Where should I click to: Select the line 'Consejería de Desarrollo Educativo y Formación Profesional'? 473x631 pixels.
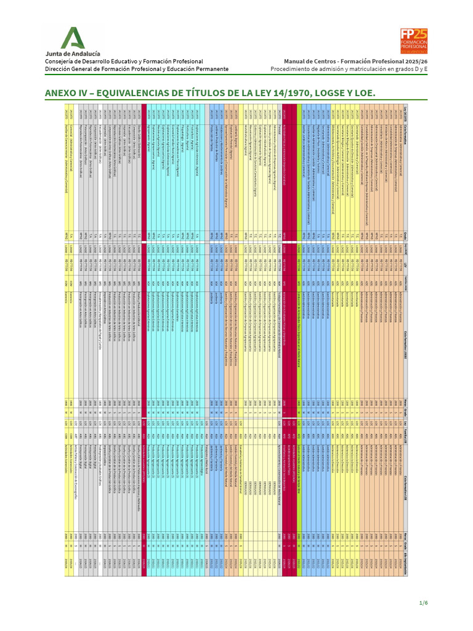(x=124, y=62)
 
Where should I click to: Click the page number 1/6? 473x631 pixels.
(x=423, y=602)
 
